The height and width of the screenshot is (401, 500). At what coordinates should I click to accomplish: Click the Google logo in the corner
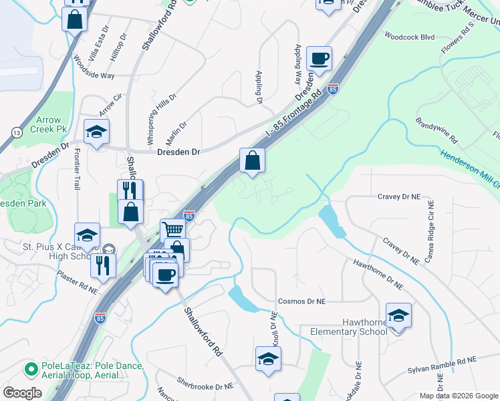(x=22, y=393)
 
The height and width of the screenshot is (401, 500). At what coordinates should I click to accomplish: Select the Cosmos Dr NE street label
(x=301, y=301)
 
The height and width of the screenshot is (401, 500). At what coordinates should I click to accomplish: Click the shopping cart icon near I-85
(x=173, y=230)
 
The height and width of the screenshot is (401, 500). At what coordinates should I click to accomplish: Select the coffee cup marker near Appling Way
(x=319, y=57)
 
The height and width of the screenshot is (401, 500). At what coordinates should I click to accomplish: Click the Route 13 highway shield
(x=15, y=133)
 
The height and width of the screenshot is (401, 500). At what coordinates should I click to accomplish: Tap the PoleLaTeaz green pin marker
(x=30, y=368)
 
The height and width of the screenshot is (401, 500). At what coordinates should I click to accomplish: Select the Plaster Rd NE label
(x=77, y=283)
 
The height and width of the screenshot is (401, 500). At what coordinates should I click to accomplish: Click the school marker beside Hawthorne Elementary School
(x=398, y=315)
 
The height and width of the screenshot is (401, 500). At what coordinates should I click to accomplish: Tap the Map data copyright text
(x=459, y=396)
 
